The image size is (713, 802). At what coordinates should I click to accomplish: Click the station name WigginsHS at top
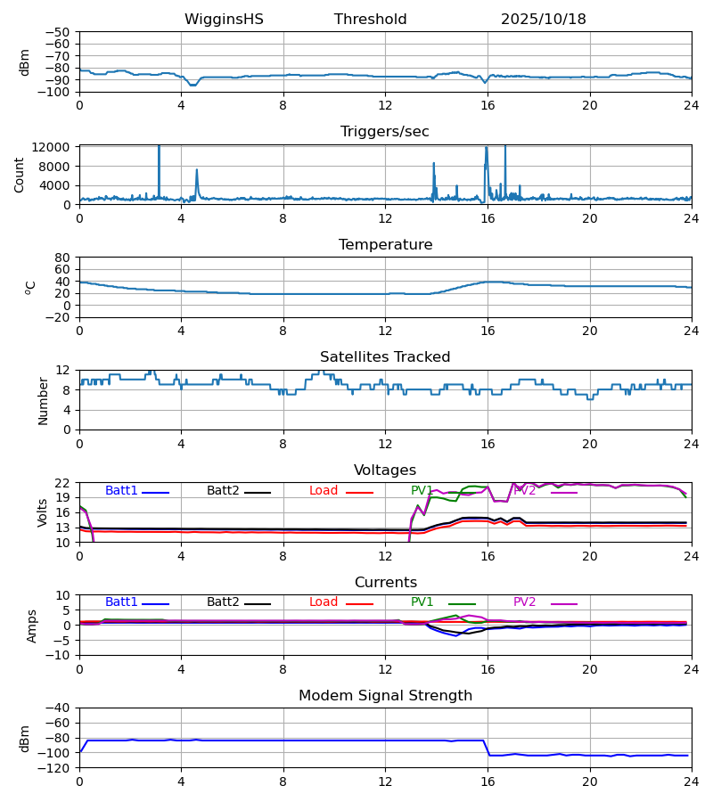[x=224, y=20]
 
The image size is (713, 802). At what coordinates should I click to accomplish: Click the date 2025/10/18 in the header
[x=543, y=20]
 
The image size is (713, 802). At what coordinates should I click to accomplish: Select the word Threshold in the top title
[x=370, y=20]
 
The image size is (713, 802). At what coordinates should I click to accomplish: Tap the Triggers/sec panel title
[x=384, y=132]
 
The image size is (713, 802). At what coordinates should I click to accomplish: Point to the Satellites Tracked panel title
[x=384, y=357]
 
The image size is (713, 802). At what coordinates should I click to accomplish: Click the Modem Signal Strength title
[x=384, y=696]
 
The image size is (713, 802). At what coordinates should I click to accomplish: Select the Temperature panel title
[x=384, y=245]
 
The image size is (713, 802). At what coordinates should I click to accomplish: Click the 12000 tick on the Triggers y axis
[x=57, y=147]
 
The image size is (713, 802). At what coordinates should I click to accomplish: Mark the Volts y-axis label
[x=43, y=512]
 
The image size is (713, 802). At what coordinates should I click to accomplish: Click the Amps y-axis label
[x=32, y=626]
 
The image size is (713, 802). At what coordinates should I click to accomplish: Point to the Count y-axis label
[x=20, y=175]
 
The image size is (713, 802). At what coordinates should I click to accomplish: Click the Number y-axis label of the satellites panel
[x=43, y=400]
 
